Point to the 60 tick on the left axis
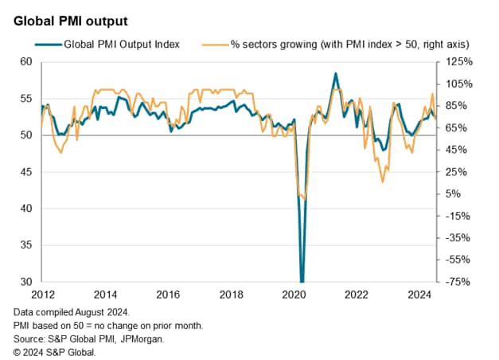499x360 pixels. [x=26, y=62]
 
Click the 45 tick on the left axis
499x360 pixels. [x=26, y=172]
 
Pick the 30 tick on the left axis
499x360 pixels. [x=26, y=282]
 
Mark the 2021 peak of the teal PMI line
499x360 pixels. [x=335, y=73]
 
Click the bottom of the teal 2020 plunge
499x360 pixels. [x=302, y=280]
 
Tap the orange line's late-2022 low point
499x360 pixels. [x=383, y=182]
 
